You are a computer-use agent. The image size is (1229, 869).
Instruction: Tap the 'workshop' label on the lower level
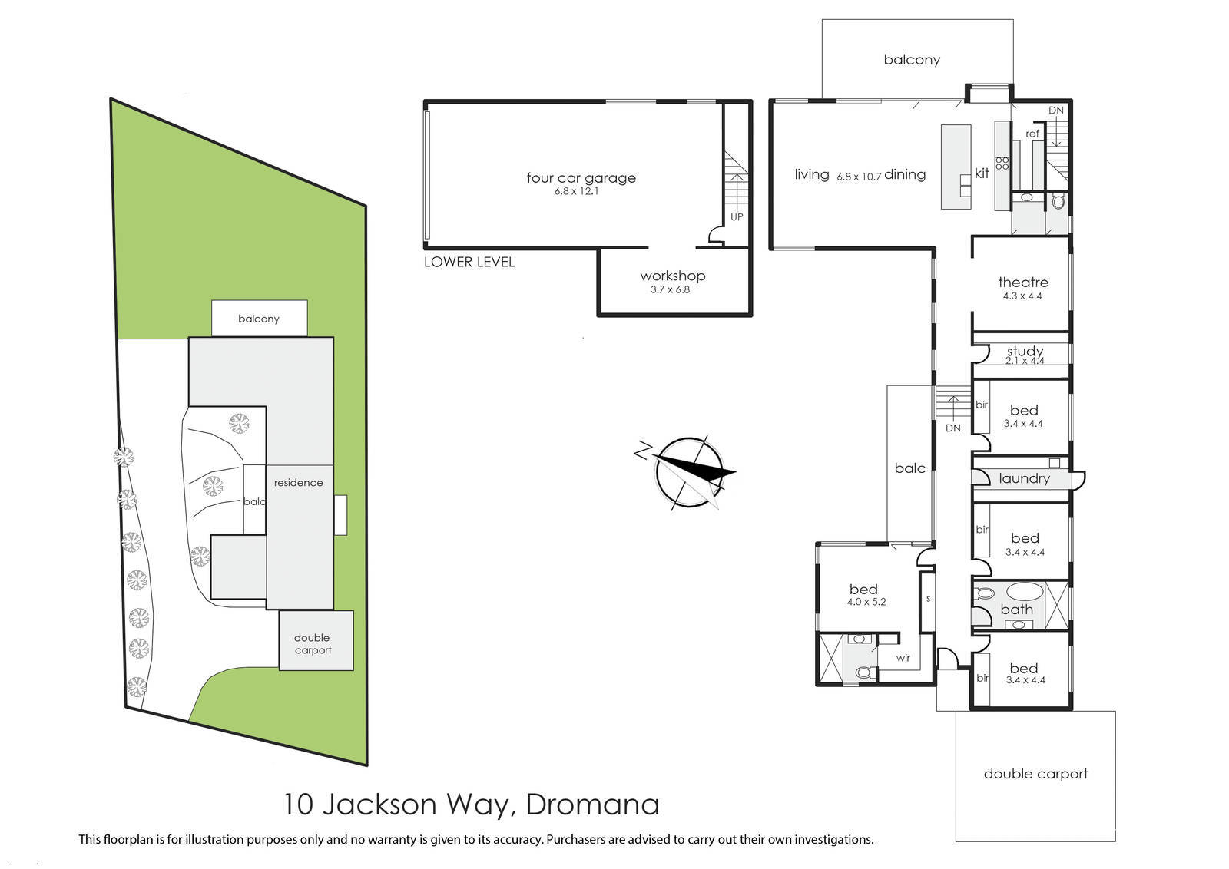(673, 276)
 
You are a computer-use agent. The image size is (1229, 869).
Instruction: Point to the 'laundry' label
(1024, 478)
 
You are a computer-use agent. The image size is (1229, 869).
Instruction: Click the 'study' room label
(1025, 351)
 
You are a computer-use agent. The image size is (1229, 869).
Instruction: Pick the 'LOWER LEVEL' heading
(469, 262)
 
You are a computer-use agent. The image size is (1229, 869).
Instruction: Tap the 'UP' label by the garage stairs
(737, 217)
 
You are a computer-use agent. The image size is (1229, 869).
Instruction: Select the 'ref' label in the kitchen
(1032, 134)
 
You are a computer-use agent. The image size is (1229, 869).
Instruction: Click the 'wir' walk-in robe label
(903, 658)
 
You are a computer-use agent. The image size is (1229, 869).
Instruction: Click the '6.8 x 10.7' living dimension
(859, 177)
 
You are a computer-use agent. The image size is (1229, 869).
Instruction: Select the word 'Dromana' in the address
(592, 805)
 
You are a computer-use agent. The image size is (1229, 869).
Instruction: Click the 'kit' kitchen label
(982, 173)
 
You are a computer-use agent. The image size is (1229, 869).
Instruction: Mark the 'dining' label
(905, 174)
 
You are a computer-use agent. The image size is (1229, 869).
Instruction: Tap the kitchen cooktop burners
(1002, 163)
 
